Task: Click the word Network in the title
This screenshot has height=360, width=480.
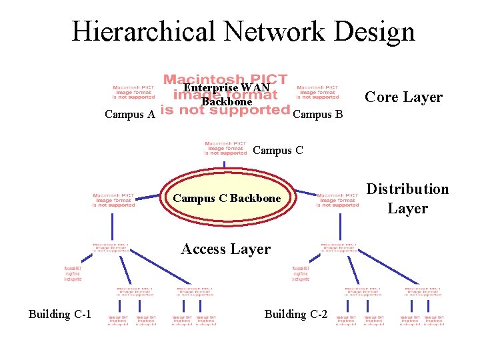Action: pos(273,31)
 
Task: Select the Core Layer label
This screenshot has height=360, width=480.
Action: pos(404,97)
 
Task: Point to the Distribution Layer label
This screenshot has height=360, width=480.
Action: pos(408,199)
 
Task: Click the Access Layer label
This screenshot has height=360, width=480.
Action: pos(226,249)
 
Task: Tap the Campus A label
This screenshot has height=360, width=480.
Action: pos(130,115)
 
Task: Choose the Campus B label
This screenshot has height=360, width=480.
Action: pos(318,115)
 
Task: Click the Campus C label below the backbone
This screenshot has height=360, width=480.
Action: pos(278,151)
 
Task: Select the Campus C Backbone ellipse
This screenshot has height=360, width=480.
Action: pos(227,198)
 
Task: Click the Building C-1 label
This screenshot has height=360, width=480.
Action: pos(60,314)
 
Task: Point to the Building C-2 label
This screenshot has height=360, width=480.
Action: pos(296,314)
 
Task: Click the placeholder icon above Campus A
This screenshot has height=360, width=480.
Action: pos(133,92)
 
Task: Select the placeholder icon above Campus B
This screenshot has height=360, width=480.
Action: pos(317,92)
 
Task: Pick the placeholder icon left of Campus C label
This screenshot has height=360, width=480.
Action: pos(225,148)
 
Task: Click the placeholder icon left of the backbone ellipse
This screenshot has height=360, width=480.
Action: pos(113,200)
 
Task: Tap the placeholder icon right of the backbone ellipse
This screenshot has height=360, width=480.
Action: pos(338,200)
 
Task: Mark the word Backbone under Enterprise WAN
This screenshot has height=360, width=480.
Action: pos(227,102)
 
